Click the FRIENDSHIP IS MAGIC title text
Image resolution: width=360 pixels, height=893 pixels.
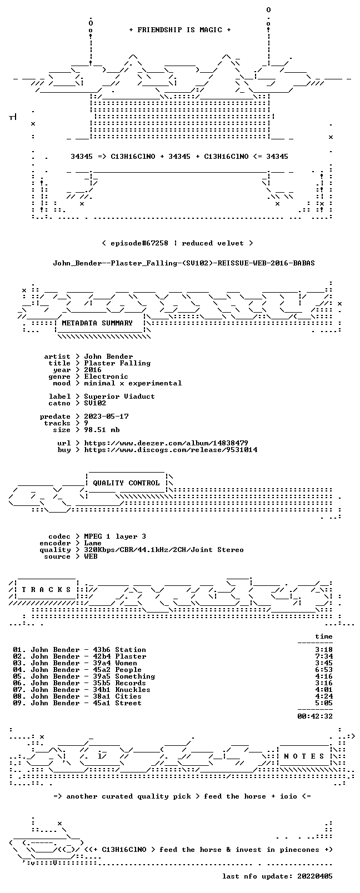pos(180,30)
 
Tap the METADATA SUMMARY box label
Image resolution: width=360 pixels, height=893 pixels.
pos(97,323)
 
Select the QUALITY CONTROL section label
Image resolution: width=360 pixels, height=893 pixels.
pos(126,483)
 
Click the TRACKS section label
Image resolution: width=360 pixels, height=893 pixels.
pos(46,590)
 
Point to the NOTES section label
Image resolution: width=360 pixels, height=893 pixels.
pos(304,756)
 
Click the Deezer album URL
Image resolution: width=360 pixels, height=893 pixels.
pos(166,443)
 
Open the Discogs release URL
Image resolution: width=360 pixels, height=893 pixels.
pos(171,450)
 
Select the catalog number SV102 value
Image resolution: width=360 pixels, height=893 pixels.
pos(95,403)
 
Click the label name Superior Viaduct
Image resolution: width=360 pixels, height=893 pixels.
pos(119,397)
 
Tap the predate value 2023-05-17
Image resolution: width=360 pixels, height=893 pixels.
pos(106,417)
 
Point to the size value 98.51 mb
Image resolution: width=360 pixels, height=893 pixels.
pos(102,430)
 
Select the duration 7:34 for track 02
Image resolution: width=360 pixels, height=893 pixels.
pos(324,656)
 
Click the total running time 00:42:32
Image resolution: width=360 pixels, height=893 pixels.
pos(315,716)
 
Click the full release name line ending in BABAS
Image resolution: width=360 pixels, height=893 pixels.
pos(184,263)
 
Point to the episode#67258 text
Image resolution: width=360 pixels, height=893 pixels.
pos(139,243)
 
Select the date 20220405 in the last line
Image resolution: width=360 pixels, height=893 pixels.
pos(315,876)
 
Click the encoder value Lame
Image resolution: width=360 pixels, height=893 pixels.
pos(92,543)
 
